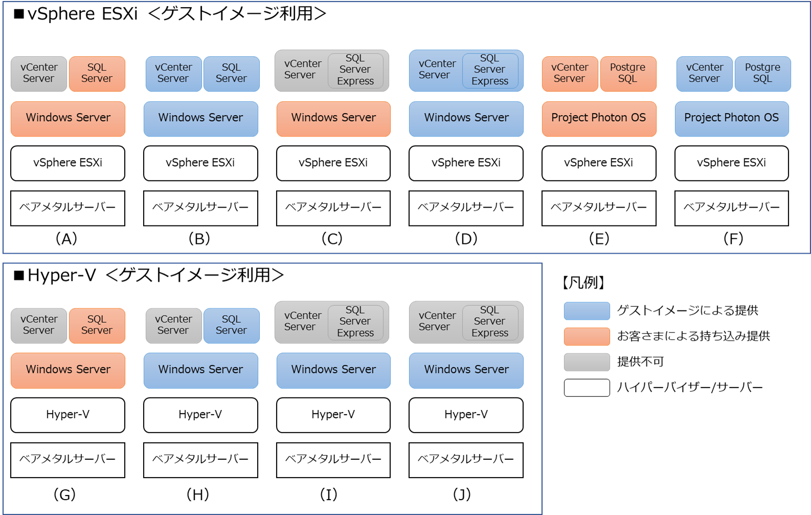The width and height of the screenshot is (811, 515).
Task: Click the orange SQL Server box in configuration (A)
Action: (x=97, y=74)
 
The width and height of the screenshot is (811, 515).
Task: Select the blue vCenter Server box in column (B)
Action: (x=173, y=74)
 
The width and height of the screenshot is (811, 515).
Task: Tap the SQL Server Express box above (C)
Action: (x=355, y=70)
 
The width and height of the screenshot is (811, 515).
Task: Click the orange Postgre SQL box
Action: (x=627, y=74)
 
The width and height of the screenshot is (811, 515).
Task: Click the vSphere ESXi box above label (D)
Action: (x=466, y=163)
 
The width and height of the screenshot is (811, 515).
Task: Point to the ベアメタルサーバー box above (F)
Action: (x=731, y=208)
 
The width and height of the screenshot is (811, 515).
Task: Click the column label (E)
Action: (x=599, y=238)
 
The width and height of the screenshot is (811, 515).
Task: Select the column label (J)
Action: (x=462, y=494)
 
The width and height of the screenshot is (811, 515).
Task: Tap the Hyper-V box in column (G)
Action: (x=67, y=415)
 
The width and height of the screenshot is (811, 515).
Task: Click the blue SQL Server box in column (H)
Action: (x=231, y=325)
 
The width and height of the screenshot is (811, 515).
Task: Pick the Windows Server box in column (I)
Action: (x=333, y=370)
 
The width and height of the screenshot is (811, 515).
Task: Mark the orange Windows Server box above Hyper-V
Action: (x=67, y=370)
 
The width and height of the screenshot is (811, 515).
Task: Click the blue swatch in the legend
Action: (x=587, y=310)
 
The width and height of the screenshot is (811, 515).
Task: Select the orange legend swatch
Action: (x=587, y=336)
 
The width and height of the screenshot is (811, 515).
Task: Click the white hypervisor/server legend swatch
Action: (x=587, y=388)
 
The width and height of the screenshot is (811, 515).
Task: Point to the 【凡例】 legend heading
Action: (x=583, y=282)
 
